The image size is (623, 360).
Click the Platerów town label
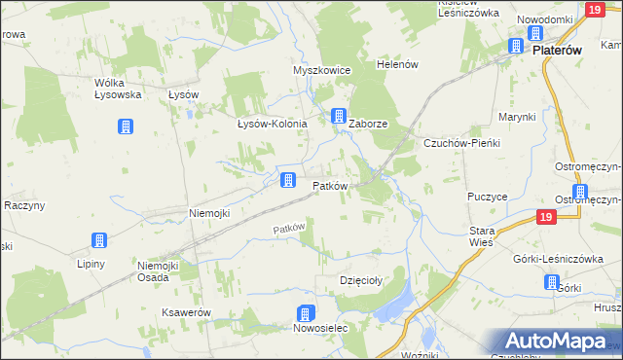(556, 51)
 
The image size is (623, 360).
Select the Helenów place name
(397, 64)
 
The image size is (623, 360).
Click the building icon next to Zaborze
(339, 116)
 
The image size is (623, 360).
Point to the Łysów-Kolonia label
(273, 124)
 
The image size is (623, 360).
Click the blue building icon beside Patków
(288, 180)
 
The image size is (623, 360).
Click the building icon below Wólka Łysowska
(126, 126)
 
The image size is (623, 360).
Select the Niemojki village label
(208, 213)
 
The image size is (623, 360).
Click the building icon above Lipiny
(98, 241)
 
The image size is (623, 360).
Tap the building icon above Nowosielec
(305, 313)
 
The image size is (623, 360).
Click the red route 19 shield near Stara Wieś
(547, 218)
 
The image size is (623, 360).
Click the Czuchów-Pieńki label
(460, 143)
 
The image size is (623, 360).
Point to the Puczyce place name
(488, 196)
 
